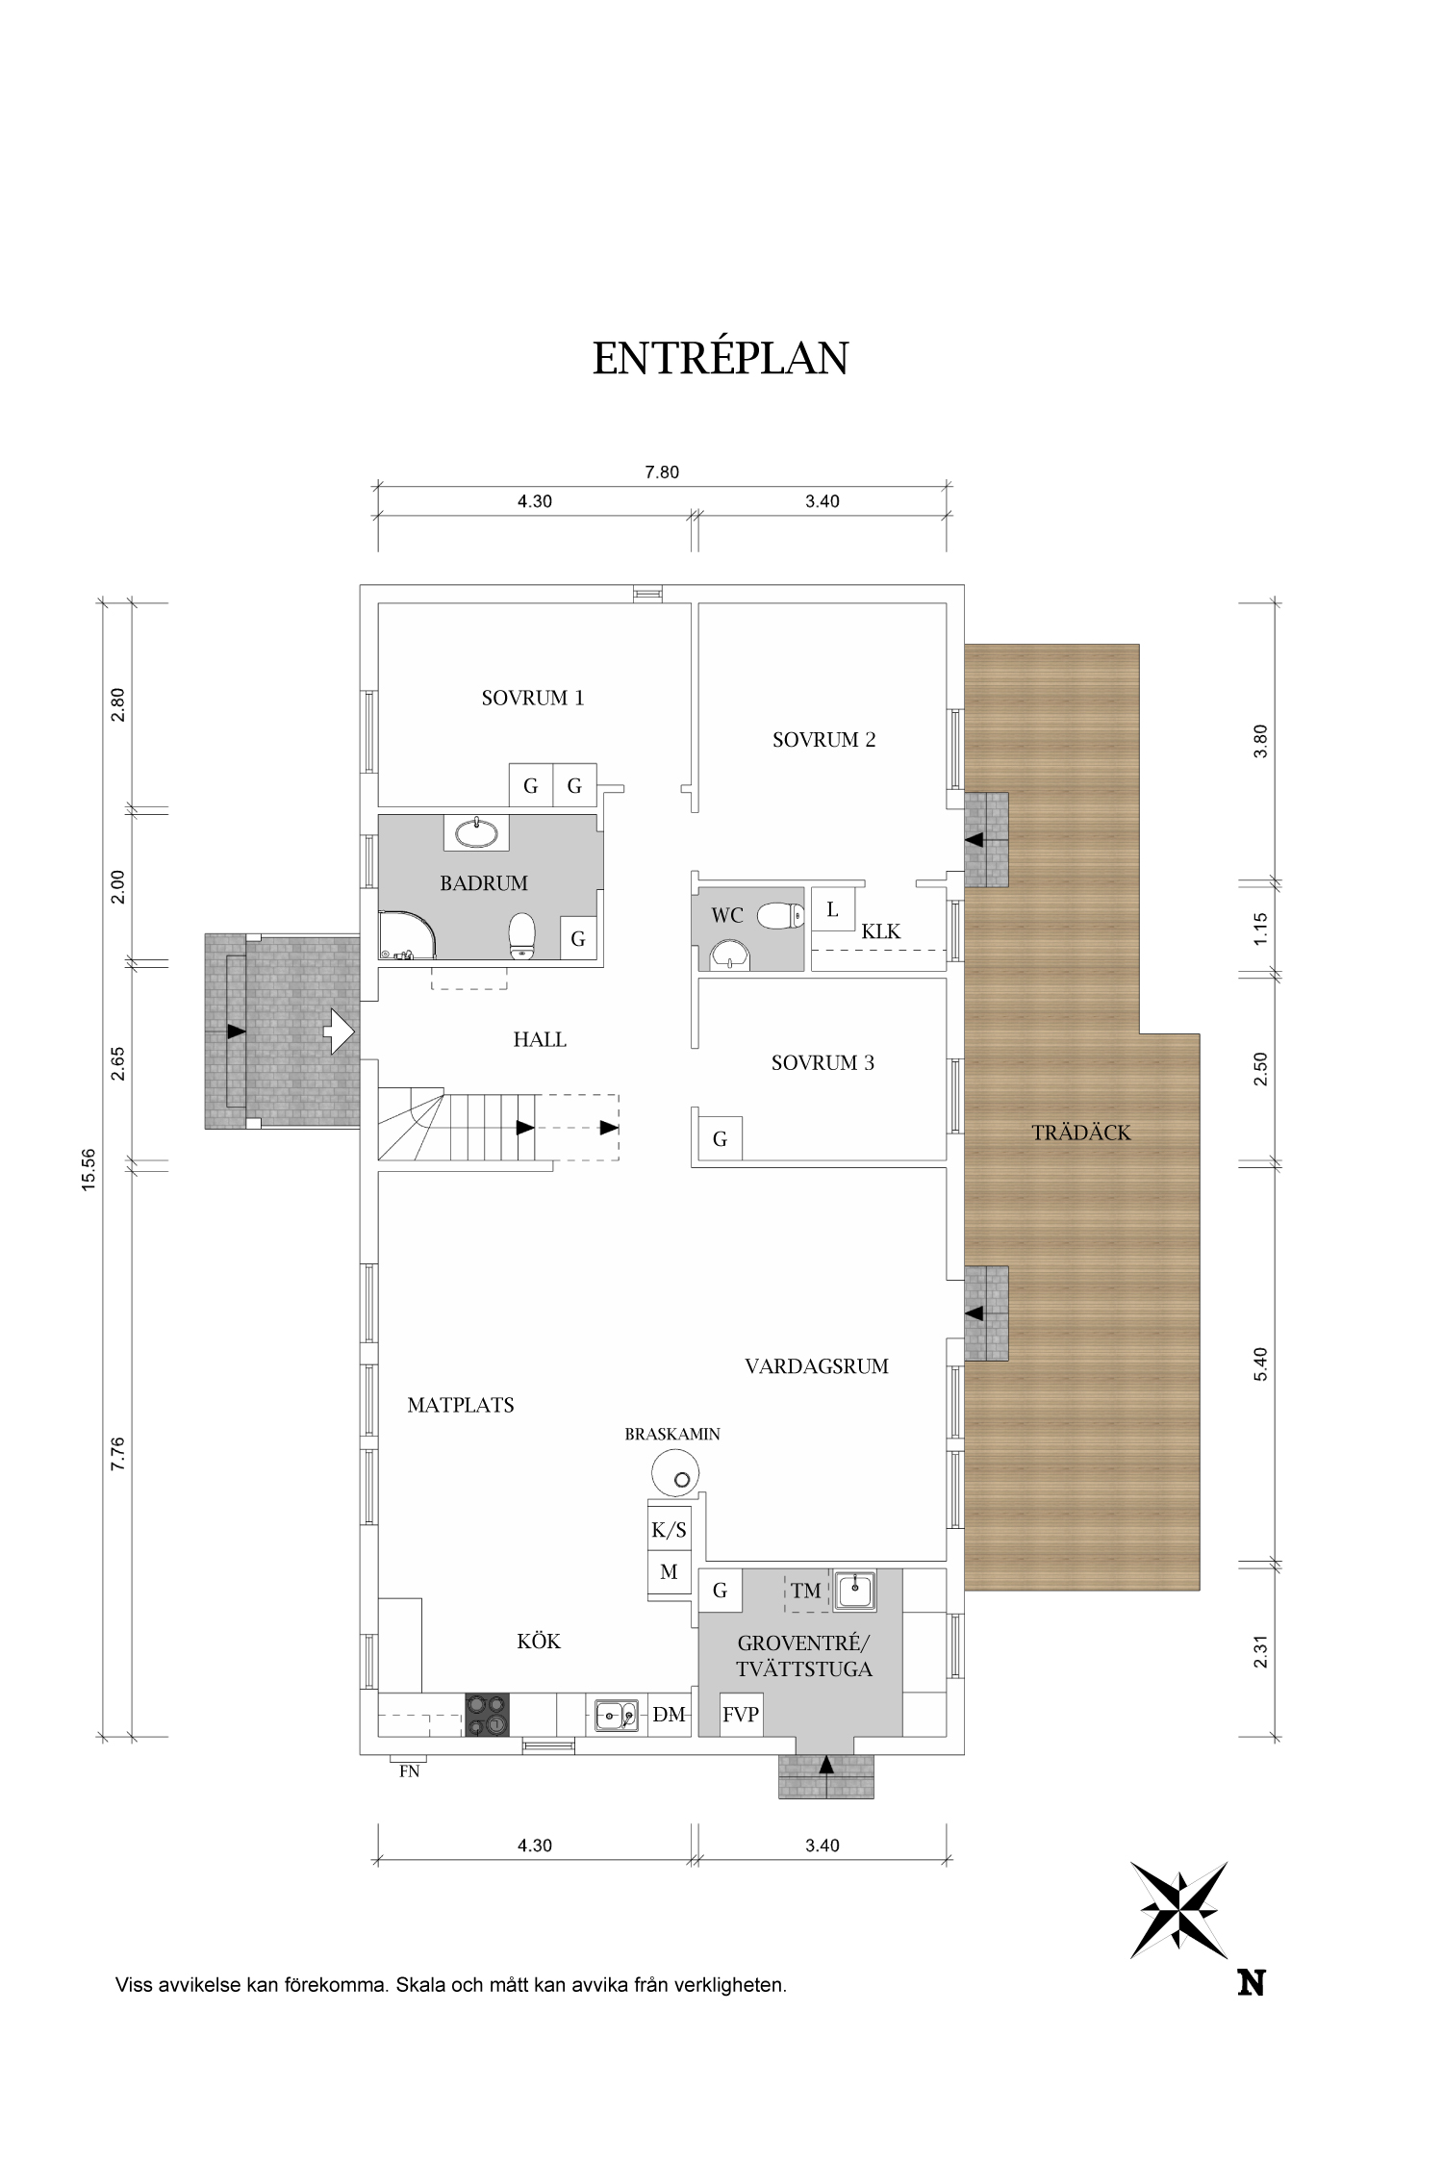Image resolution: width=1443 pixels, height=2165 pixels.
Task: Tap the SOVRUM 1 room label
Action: [x=533, y=698]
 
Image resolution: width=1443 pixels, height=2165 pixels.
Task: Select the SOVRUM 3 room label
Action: [x=823, y=1063]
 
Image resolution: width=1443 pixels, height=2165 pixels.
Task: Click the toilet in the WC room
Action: [x=781, y=916]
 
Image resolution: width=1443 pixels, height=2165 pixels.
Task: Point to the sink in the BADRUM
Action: [x=476, y=832]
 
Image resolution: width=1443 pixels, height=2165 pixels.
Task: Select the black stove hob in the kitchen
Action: [x=487, y=1715]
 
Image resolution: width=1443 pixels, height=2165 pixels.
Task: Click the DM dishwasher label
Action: [x=669, y=1715]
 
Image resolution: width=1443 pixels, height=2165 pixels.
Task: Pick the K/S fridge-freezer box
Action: [x=669, y=1529]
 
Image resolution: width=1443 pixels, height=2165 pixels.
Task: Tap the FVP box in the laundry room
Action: [x=741, y=1715]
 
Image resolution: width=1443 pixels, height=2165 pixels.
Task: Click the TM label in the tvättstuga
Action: [x=806, y=1591]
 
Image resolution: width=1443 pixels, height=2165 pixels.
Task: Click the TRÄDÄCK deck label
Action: [x=1081, y=1133]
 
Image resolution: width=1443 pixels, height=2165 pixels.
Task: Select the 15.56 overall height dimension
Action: [x=89, y=1170]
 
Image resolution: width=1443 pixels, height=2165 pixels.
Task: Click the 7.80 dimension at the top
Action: [x=662, y=471]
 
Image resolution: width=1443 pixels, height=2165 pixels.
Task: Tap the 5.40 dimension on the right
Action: [x=1261, y=1363]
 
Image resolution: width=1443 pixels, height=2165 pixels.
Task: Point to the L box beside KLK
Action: [x=833, y=909]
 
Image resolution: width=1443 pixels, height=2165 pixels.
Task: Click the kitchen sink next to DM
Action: [x=616, y=1715]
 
